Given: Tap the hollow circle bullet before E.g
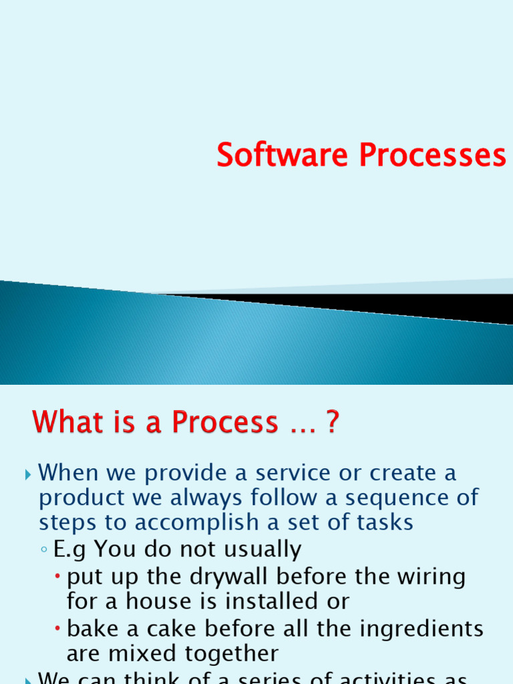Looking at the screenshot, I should [43, 550].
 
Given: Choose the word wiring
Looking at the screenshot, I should [430, 576].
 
